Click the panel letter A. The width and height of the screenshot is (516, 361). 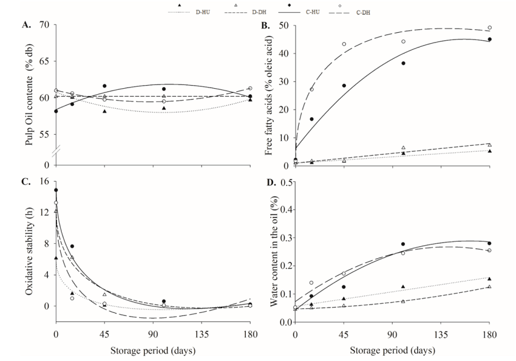point(26,25)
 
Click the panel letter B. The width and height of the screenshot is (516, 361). point(265,25)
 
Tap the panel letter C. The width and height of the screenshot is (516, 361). point(26,181)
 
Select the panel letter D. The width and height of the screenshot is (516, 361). point(265,181)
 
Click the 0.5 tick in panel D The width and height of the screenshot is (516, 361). point(281,182)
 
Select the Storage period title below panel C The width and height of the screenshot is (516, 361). point(149,351)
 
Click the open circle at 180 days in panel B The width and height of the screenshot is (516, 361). point(489,27)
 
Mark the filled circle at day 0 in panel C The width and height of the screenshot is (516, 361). point(56,190)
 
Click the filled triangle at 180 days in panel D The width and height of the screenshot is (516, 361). point(489,278)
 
